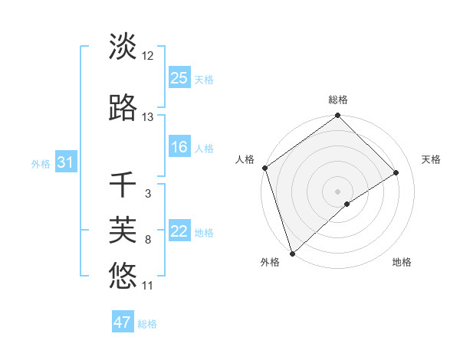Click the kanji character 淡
(123, 47)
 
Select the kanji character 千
(123, 185)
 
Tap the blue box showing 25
(179, 78)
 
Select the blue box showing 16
(179, 147)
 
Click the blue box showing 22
(179, 231)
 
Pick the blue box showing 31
(65, 162)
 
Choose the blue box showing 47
(123, 322)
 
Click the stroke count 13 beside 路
(148, 117)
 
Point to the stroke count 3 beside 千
(148, 194)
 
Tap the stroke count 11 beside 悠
(148, 286)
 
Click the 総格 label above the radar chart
(338, 100)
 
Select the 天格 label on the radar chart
(431, 159)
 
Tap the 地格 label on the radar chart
(402, 262)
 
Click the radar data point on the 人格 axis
(264, 168)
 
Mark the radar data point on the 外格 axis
(292, 253)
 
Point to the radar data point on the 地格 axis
(347, 204)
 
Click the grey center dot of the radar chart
(338, 191)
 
